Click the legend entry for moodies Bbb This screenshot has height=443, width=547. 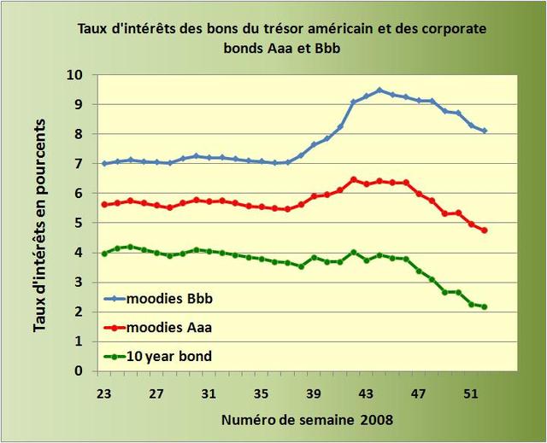click(167, 298)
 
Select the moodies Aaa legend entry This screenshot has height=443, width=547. click(167, 327)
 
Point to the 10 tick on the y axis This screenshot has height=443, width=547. click(76, 75)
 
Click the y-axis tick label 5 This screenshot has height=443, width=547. click(79, 223)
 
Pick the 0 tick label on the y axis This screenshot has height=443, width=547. click(79, 371)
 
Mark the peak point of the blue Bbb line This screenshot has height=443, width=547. click(379, 90)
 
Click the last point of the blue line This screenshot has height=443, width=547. click(485, 131)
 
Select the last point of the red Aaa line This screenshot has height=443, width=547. click(485, 230)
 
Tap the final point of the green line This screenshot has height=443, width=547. click(485, 307)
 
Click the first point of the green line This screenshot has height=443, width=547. click(104, 254)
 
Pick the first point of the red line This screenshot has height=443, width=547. click(104, 205)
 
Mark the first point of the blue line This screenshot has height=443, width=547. click(104, 164)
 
